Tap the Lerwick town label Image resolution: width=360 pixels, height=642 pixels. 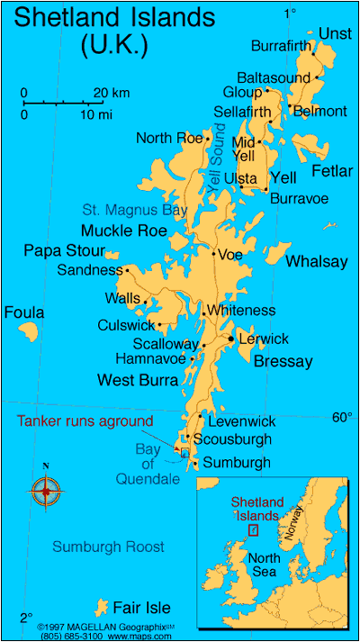[264, 339]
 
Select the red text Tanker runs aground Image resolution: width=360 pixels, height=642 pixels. [85, 420]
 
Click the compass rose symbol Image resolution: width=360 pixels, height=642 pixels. [46, 491]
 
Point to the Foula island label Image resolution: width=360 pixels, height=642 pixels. [24, 312]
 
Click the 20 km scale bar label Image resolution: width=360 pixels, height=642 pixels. [112, 93]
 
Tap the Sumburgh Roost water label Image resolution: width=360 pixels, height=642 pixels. [108, 547]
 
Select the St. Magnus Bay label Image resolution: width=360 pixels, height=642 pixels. [134, 210]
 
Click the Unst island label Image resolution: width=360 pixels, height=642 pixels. [335, 33]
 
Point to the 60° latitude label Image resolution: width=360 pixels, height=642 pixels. [342, 417]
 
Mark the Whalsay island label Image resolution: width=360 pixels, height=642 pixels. [317, 261]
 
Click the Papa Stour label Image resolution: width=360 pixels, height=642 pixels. [64, 250]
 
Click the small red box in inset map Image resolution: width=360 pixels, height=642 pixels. [253, 531]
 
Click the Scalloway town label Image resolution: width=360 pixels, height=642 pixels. [165, 344]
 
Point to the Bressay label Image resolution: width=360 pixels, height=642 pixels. [283, 362]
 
